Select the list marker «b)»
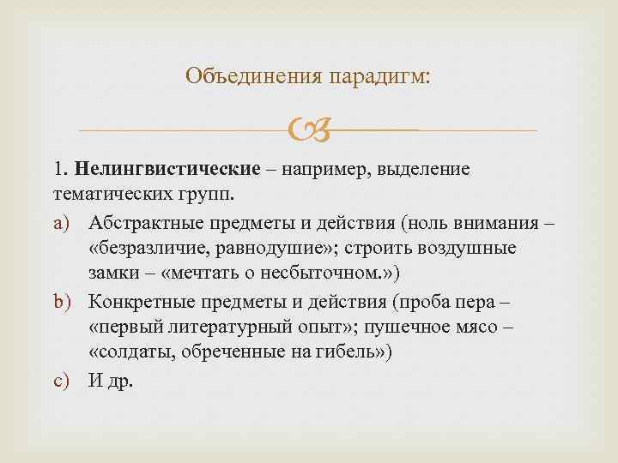click(x=69, y=303)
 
